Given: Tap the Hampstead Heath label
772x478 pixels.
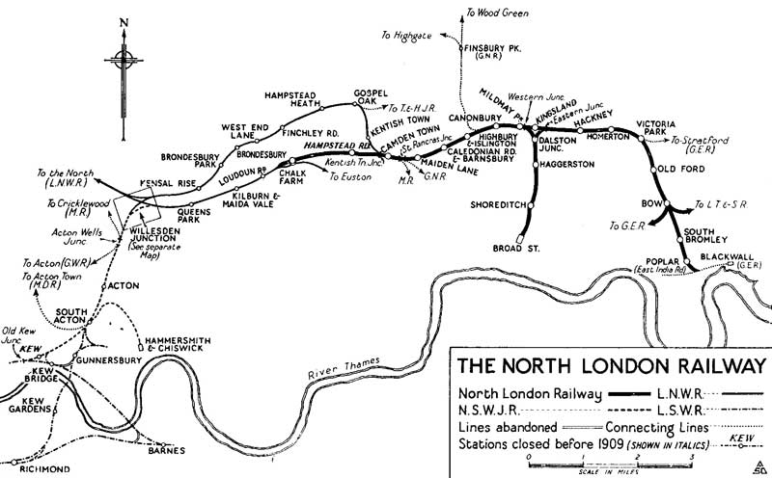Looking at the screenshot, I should point(296,99).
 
